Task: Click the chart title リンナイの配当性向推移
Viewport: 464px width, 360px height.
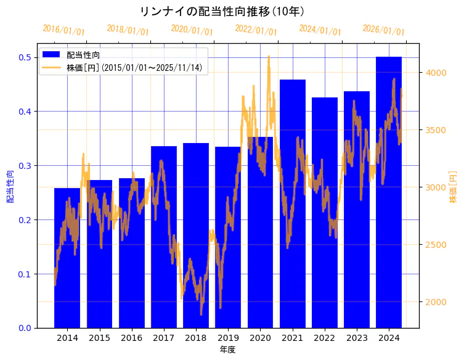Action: pyautogui.click(x=222, y=12)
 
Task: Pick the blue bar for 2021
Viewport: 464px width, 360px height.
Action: pyautogui.click(x=292, y=203)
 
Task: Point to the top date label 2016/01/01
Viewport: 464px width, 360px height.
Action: pyautogui.click(x=63, y=30)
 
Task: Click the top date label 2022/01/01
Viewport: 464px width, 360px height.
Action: pyautogui.click(x=256, y=30)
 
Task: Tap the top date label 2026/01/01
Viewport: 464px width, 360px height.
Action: pyautogui.click(x=383, y=30)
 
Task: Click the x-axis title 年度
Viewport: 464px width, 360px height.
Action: pyautogui.click(x=227, y=350)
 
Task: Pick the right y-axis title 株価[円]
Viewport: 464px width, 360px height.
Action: pyautogui.click(x=453, y=186)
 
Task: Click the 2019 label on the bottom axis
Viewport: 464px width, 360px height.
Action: pyautogui.click(x=227, y=338)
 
